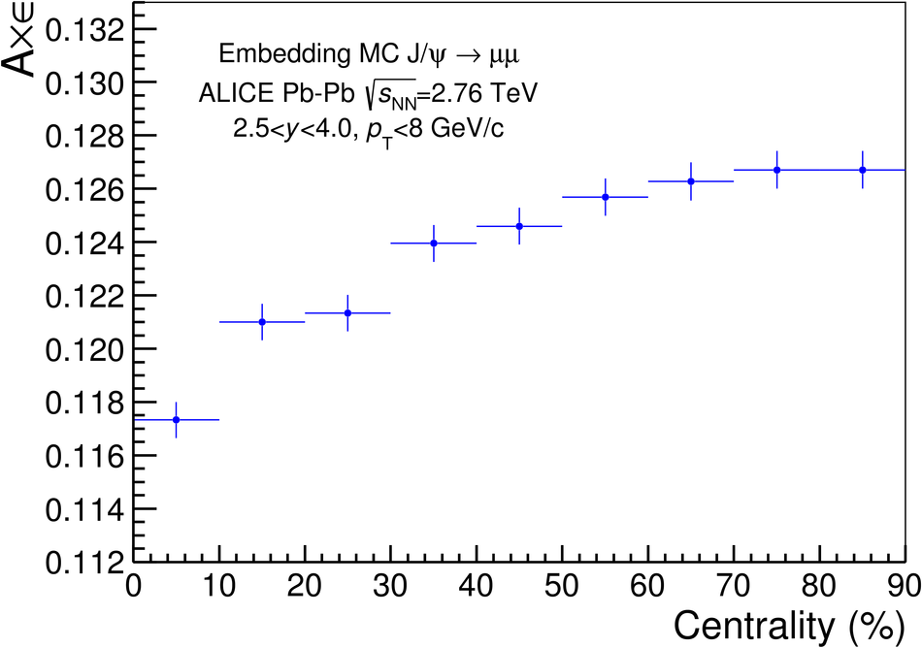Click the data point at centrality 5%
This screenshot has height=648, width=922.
(x=177, y=420)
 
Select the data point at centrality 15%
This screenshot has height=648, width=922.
(x=262, y=321)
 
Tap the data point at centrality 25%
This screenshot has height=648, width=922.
(x=347, y=312)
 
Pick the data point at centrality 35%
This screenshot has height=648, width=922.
(x=434, y=243)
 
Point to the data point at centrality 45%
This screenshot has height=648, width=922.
(x=519, y=226)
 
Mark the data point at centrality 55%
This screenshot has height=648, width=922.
(x=606, y=197)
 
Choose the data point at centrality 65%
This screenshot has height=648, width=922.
(x=691, y=181)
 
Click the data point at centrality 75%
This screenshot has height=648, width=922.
(x=776, y=170)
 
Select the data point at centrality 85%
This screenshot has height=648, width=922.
(x=863, y=170)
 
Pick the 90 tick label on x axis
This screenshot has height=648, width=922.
(x=903, y=586)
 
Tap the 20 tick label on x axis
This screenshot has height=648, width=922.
(x=305, y=586)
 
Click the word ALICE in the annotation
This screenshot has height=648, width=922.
(x=233, y=94)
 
